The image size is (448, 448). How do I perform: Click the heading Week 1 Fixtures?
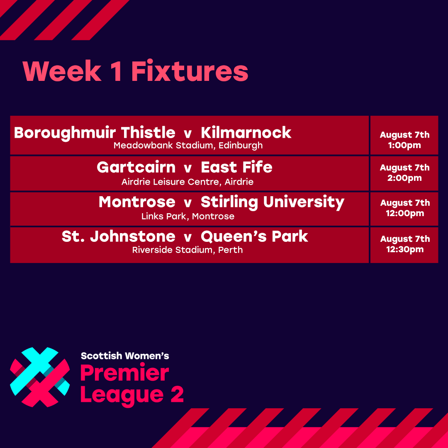pyautogui.click(x=136, y=72)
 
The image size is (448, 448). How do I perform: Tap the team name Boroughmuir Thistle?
pyautogui.click(x=95, y=133)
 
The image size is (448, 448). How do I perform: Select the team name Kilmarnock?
pyautogui.click(x=246, y=133)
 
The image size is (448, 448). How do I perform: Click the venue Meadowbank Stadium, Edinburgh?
pyautogui.click(x=188, y=146)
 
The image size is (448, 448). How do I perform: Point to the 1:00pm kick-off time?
pyautogui.click(x=404, y=146)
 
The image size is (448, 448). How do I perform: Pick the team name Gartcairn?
pyautogui.click(x=136, y=167)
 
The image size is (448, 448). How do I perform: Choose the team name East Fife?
pyautogui.click(x=236, y=167)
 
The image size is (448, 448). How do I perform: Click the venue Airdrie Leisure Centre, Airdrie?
pyautogui.click(x=187, y=182)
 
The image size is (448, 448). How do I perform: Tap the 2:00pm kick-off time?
pyautogui.click(x=404, y=178)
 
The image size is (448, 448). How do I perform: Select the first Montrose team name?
pyautogui.click(x=137, y=202)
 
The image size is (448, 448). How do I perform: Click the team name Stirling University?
pyautogui.click(x=273, y=202)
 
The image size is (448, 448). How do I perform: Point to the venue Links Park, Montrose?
pyautogui.click(x=187, y=216)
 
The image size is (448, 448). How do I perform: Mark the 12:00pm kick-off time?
pyautogui.click(x=404, y=214)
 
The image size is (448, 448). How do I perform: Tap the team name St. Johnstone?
pyautogui.click(x=118, y=236)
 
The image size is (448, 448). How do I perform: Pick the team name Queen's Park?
pyautogui.click(x=254, y=236)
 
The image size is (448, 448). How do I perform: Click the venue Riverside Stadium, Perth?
pyautogui.click(x=187, y=250)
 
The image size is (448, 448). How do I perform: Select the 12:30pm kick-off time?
pyautogui.click(x=404, y=249)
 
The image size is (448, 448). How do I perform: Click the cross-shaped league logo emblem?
pyautogui.click(x=40, y=377)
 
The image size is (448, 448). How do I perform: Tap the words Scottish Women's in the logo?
pyautogui.click(x=125, y=356)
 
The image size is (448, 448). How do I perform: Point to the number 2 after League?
pyautogui.click(x=176, y=394)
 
